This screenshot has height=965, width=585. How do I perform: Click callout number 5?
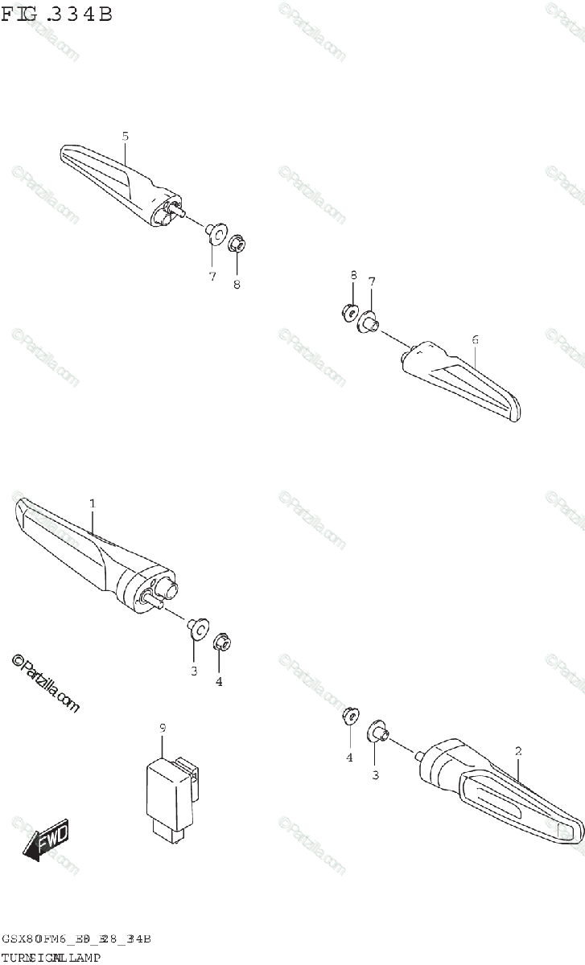(x=126, y=136)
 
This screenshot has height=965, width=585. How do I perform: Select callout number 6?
(x=475, y=340)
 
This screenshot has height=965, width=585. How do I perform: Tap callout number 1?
(x=93, y=503)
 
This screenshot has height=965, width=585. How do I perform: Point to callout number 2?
(x=518, y=751)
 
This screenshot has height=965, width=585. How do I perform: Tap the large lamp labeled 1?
(x=89, y=555)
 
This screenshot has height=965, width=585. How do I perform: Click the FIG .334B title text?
(x=56, y=14)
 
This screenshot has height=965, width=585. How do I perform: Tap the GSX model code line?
(x=76, y=939)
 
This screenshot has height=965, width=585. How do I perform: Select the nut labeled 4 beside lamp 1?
(x=220, y=643)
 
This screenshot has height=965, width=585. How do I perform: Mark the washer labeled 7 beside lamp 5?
(x=214, y=234)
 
